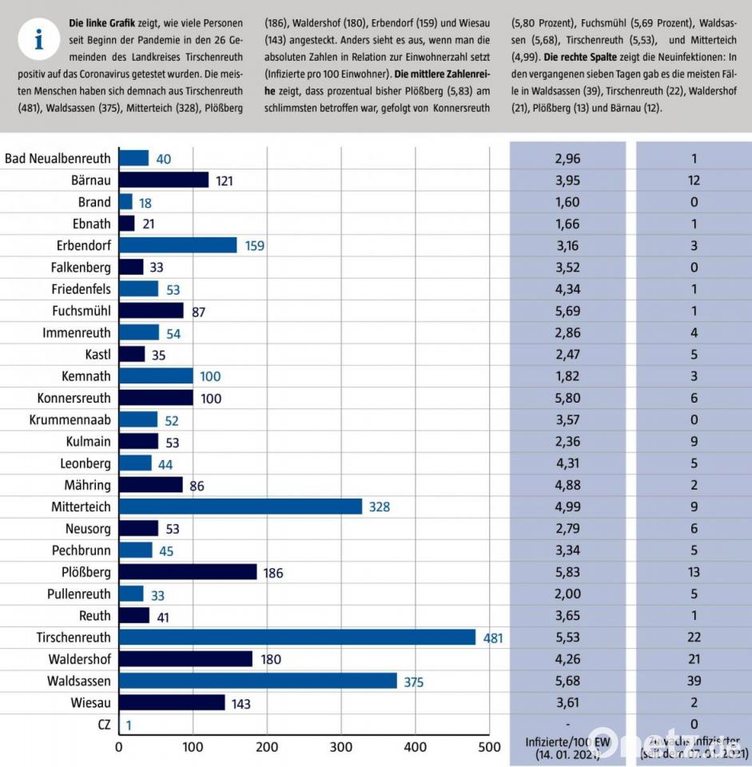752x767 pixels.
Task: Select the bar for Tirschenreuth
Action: (x=296, y=638)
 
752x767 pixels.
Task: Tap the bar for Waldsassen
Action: (x=257, y=681)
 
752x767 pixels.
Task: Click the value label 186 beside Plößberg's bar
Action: (x=273, y=573)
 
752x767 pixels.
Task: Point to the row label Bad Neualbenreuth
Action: (x=58, y=158)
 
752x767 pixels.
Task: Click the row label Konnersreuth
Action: (x=74, y=398)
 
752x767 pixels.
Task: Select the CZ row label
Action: (x=101, y=725)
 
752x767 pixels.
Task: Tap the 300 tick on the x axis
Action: (x=340, y=747)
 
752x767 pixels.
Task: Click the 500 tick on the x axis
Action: (x=488, y=747)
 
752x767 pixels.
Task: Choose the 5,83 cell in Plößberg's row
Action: (x=567, y=572)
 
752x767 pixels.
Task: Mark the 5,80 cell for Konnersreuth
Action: (x=567, y=398)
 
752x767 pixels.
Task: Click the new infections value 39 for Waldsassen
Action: (x=693, y=681)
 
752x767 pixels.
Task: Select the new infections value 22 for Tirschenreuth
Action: (x=693, y=638)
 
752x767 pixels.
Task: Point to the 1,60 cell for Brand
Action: (x=567, y=202)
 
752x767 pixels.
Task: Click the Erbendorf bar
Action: (x=177, y=245)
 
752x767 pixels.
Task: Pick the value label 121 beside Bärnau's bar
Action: (x=224, y=181)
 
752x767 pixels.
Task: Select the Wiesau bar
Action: (x=172, y=703)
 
